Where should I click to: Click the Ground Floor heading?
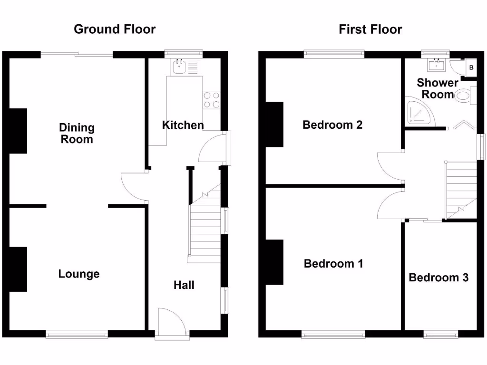click(x=115, y=29)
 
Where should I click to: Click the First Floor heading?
click(x=370, y=29)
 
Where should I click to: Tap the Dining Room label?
click(x=77, y=134)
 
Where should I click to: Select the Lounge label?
click(x=79, y=274)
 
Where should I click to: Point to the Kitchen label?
click(x=183, y=125)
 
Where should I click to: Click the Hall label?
click(x=184, y=285)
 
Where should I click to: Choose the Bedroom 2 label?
click(x=332, y=125)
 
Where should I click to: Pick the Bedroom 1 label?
click(x=333, y=263)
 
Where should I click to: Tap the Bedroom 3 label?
click(x=438, y=278)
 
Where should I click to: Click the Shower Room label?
click(x=438, y=88)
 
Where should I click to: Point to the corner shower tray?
click(x=418, y=113)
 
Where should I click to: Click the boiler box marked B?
click(x=471, y=67)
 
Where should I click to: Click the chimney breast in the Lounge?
click(x=18, y=269)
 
